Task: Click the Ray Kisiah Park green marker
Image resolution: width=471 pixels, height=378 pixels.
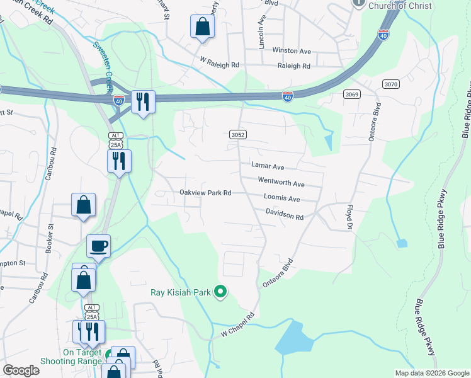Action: [x=220, y=292]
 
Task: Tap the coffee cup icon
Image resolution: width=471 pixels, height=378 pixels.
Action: [x=98, y=246]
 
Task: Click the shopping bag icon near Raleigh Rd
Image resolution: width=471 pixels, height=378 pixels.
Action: [x=202, y=26]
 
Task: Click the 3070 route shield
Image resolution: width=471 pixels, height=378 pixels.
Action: [x=390, y=84]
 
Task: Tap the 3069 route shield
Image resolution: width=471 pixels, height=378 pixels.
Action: [x=352, y=94]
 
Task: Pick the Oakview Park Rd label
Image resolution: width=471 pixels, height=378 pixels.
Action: [x=206, y=193]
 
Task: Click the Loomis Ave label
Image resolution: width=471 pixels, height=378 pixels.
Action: [x=281, y=198]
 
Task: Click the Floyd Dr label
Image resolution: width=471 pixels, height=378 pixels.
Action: [x=348, y=215]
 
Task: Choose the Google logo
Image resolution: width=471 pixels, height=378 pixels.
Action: [x=21, y=370]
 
